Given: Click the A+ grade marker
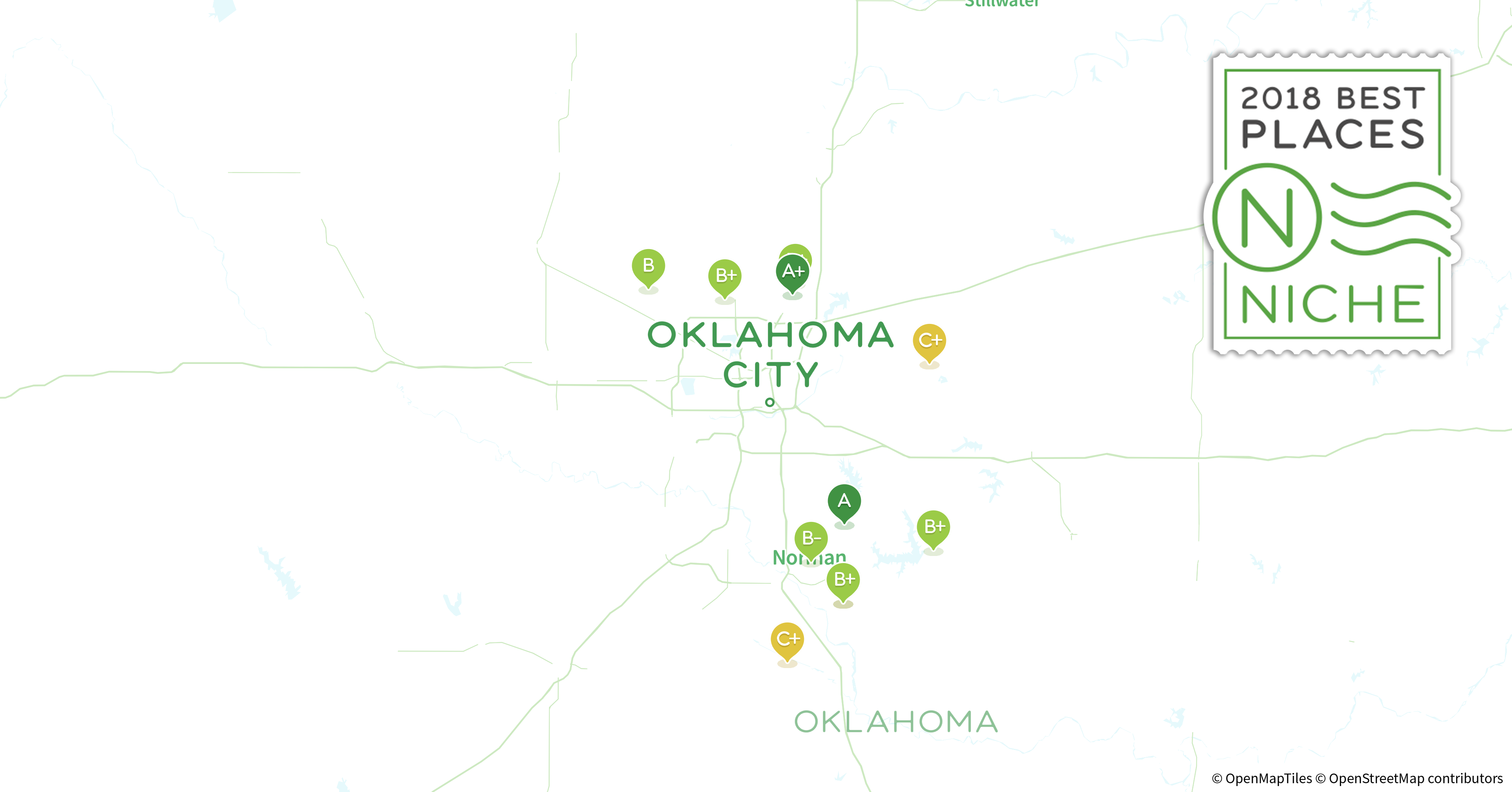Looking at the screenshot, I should (792, 272).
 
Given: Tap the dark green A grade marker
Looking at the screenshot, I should (844, 501).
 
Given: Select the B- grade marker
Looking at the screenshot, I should (811, 539).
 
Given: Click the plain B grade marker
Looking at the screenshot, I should (648, 266).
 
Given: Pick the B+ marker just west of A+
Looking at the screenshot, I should (725, 275).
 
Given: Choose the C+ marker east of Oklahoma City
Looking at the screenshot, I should (929, 341).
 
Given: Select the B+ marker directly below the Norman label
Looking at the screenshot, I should (843, 580).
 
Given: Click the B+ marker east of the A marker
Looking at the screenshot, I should (933, 527).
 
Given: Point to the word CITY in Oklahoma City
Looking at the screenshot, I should (770, 375).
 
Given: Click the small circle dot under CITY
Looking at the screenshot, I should (769, 402).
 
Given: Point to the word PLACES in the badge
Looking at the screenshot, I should (1332, 135).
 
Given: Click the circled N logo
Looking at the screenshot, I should (1267, 218).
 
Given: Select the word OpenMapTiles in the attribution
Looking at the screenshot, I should (1268, 779).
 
